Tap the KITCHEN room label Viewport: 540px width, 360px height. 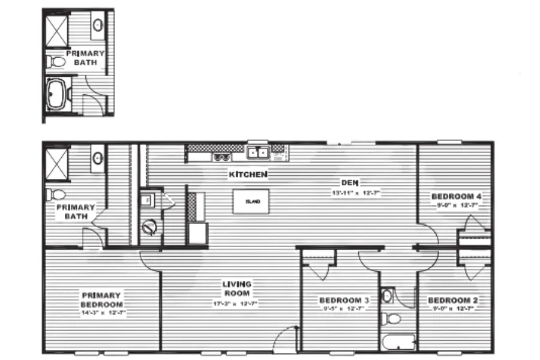click(248, 175)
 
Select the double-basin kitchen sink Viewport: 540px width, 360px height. click(259, 153)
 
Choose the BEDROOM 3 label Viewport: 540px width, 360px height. click(343, 300)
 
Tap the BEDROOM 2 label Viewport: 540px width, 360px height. click(452, 300)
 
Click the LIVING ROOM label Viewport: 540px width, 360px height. click(237, 289)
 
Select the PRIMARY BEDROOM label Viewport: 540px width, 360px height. click(101, 299)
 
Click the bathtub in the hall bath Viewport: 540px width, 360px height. click(398, 343)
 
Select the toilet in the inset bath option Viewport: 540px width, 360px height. click(57, 61)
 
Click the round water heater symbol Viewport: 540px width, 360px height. click(150, 227)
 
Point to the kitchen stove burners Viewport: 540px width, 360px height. click(221, 157)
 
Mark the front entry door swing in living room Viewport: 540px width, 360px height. click(287, 339)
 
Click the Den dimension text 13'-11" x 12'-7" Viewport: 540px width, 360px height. click(357, 193)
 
